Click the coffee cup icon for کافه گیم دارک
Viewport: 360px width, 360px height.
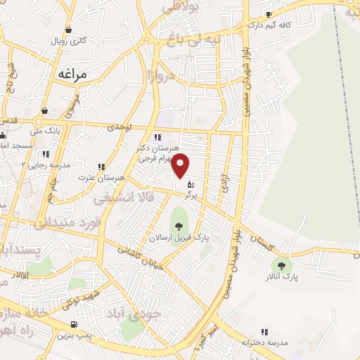point(269,15)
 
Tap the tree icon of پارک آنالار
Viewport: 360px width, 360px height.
point(282,265)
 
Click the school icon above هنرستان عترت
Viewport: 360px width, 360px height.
point(101,167)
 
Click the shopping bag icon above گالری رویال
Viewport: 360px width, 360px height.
point(69,30)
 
